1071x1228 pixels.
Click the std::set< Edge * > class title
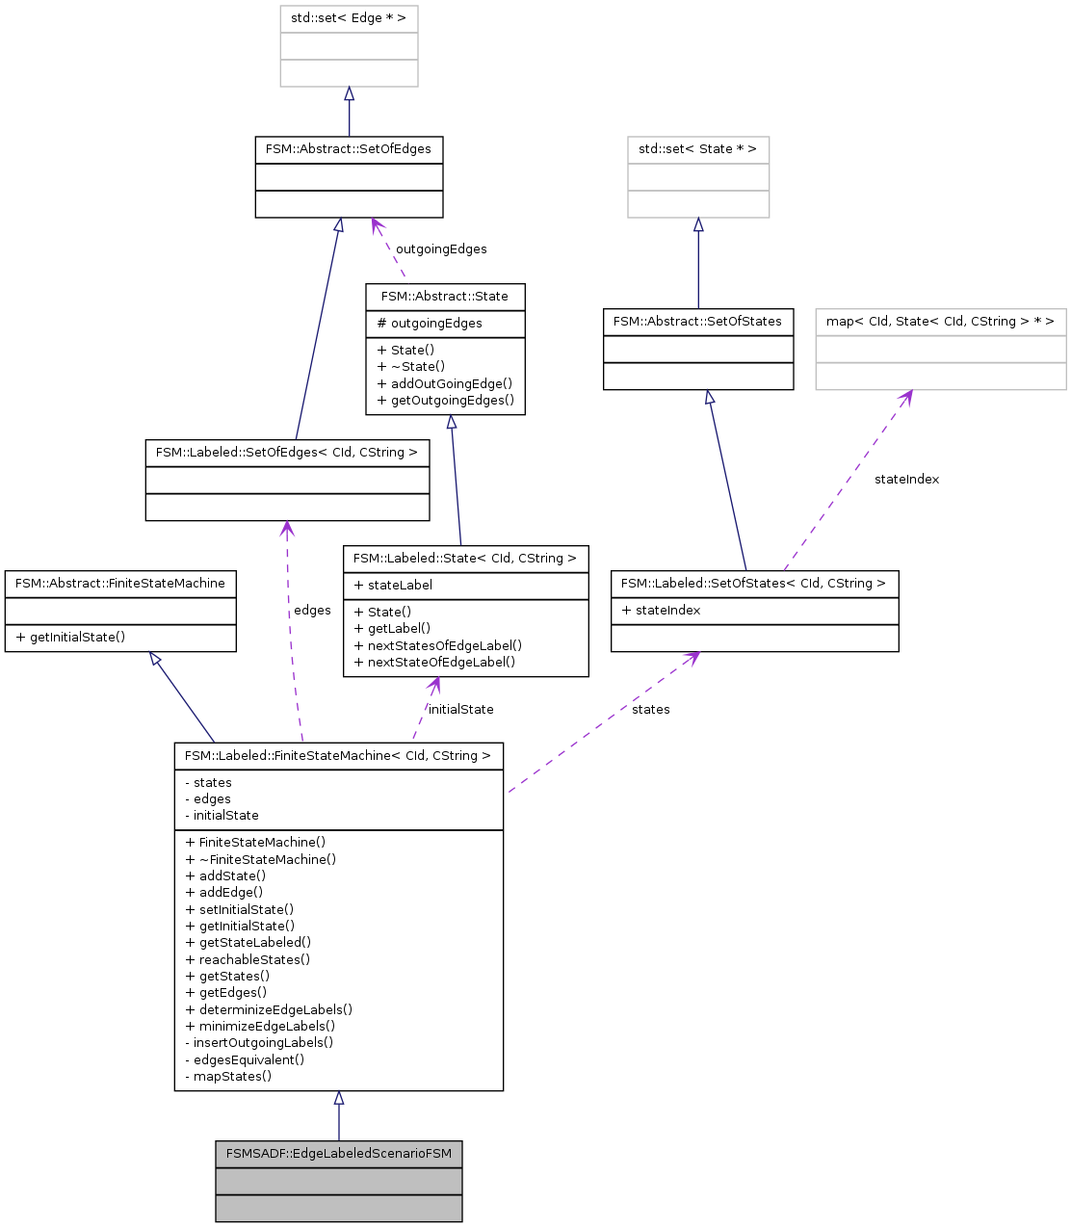[349, 18]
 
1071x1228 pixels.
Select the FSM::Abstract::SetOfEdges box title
[349, 149]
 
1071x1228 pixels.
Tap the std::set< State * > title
[698, 149]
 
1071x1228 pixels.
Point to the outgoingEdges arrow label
[441, 249]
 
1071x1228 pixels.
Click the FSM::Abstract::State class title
[445, 297]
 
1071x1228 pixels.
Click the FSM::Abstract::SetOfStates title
[698, 322]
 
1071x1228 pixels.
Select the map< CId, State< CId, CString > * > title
[940, 322]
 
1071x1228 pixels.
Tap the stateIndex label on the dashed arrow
[906, 480]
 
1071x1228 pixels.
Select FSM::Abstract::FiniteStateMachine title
[120, 584]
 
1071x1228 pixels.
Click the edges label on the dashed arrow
[312, 611]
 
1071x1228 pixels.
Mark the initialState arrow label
[460, 710]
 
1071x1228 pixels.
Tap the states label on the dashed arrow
[651, 710]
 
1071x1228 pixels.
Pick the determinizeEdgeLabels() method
[269, 1009]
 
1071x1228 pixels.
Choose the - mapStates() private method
[228, 1077]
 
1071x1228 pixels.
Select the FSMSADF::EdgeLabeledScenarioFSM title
[339, 1154]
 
